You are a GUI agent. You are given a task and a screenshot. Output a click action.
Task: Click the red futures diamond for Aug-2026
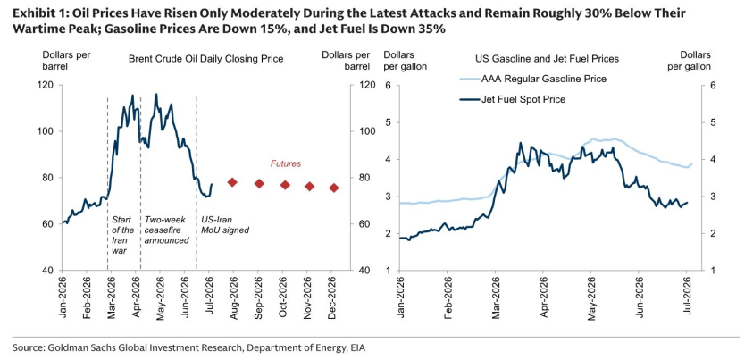tap(233, 182)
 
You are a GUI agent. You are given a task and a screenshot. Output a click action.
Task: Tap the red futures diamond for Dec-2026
tap(334, 188)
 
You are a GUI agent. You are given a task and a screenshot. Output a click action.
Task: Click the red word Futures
tap(286, 163)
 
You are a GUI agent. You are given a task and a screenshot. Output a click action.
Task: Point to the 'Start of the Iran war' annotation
tap(123, 235)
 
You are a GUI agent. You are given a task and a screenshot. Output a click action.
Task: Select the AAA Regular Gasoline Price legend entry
tap(535, 79)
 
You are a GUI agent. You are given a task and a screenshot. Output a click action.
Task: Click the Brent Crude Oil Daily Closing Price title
tap(206, 59)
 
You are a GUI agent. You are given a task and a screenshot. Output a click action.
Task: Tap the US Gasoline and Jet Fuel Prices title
tap(547, 59)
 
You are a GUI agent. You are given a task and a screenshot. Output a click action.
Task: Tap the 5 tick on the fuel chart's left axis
tap(389, 122)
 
